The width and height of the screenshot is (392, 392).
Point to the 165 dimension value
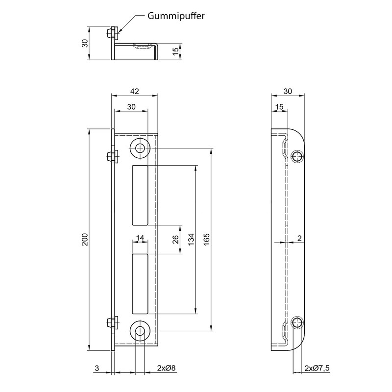(x=207, y=240)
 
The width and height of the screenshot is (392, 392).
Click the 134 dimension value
(x=191, y=240)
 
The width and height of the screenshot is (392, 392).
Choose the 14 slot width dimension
(x=140, y=238)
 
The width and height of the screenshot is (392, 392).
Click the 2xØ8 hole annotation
(x=166, y=367)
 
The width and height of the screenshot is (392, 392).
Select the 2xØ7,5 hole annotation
(x=317, y=367)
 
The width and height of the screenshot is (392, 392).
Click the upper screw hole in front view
(x=141, y=148)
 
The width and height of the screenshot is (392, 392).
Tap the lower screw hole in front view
(x=141, y=331)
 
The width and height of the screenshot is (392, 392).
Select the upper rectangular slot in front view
(x=140, y=195)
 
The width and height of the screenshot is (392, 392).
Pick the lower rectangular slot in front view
(x=140, y=283)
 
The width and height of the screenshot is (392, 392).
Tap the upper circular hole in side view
(x=297, y=157)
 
